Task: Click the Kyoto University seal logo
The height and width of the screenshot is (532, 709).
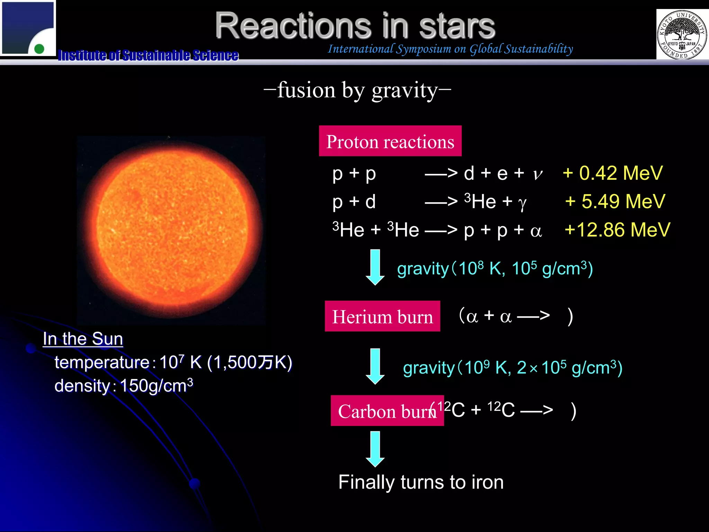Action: click(x=682, y=34)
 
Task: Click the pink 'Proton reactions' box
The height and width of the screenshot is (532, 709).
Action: click(x=390, y=141)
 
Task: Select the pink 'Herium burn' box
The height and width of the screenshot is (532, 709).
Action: click(x=382, y=316)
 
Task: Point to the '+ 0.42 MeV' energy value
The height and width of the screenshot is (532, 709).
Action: click(x=612, y=173)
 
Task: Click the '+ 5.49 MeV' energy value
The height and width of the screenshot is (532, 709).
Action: click(x=615, y=201)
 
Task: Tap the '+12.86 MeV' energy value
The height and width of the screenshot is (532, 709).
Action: click(x=617, y=230)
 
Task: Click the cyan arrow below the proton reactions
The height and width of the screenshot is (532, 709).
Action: click(x=375, y=267)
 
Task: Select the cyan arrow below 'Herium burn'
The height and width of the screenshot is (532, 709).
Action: click(x=375, y=366)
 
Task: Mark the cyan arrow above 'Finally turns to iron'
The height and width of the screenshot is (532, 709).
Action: click(x=375, y=449)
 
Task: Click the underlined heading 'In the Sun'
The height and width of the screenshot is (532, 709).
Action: click(x=83, y=339)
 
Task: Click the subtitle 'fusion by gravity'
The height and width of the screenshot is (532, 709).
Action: click(x=357, y=90)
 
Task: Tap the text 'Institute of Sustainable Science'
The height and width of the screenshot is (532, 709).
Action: click(x=148, y=55)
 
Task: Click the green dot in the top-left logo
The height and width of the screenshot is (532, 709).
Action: click(x=39, y=48)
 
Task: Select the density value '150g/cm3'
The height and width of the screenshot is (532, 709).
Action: click(x=156, y=385)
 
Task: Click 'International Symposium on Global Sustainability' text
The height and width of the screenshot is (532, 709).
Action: click(x=450, y=49)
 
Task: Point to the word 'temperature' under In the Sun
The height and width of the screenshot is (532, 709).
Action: click(x=102, y=363)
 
